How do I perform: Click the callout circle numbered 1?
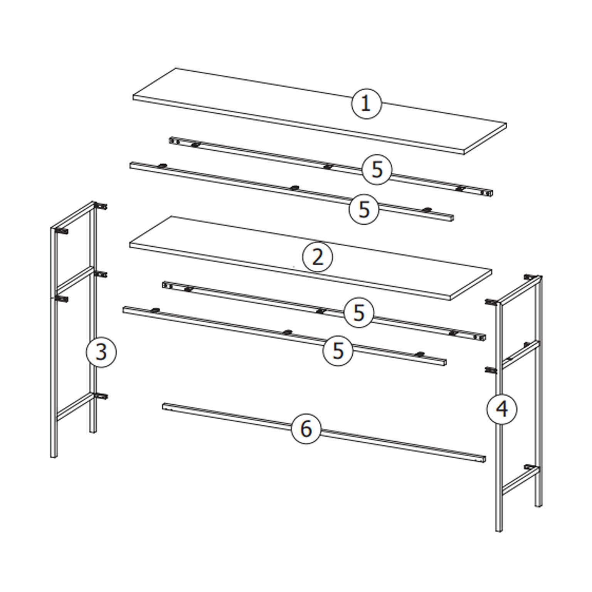tap(366, 104)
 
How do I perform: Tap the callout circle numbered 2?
tap(317, 257)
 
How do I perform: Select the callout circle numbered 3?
tap(101, 352)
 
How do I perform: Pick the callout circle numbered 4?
tap(502, 409)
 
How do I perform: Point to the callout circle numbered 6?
tap(306, 429)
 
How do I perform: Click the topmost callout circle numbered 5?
tap(377, 170)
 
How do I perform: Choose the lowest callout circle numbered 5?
tap(338, 350)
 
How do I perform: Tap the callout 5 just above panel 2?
tap(364, 209)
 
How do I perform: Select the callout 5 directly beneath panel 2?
tap(358, 313)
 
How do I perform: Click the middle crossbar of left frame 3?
tap(75, 278)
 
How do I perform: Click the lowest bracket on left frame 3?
tap(101, 396)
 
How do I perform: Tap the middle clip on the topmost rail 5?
tap(328, 166)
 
